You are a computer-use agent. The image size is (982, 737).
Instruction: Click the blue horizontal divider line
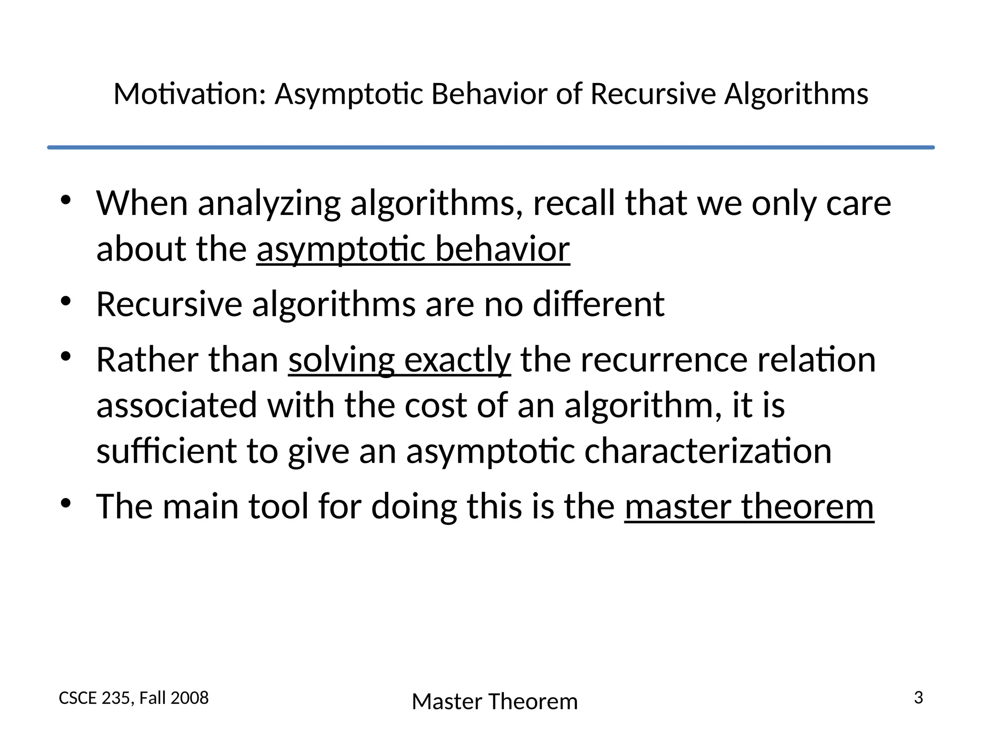491,147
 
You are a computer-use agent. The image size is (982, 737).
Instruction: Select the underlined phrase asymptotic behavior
413,249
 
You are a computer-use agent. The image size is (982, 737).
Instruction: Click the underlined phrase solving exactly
399,360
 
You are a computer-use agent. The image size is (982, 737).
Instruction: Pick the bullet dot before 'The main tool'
66,503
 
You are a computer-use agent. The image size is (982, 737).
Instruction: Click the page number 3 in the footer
918,698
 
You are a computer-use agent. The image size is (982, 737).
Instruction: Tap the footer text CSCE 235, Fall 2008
134,698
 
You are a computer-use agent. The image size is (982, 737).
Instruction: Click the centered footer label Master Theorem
495,701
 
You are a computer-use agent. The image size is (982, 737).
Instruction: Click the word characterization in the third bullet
708,451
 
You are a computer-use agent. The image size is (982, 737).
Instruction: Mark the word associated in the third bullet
177,405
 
